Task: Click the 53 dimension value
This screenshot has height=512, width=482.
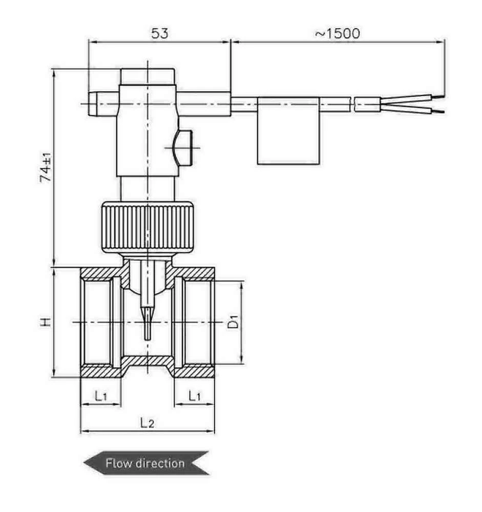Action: [159, 33]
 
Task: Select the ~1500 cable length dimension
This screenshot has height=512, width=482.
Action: [337, 33]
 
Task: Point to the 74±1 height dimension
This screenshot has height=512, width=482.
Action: [46, 167]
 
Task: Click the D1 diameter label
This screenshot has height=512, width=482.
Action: [234, 322]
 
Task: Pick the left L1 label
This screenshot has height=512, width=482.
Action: [100, 396]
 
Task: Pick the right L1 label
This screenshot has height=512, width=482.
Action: [195, 396]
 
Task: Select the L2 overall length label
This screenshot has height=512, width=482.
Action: [147, 423]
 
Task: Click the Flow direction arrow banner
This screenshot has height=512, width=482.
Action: [146, 463]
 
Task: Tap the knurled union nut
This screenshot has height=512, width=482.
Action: [148, 227]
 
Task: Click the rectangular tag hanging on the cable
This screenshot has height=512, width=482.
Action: [288, 131]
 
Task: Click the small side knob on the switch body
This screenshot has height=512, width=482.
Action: [184, 147]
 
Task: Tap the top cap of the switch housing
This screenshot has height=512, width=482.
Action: [148, 76]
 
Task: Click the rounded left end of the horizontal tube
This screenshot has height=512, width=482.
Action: [93, 104]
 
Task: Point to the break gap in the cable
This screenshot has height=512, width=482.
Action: [353, 104]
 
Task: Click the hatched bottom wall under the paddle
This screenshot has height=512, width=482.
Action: [148, 362]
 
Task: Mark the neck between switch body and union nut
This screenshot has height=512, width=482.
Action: [148, 189]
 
